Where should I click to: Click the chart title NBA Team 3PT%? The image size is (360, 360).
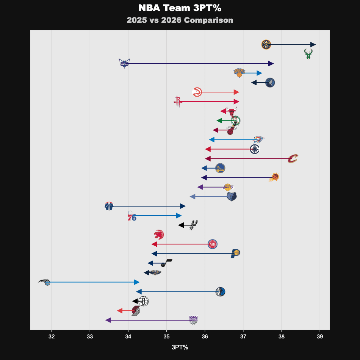180,8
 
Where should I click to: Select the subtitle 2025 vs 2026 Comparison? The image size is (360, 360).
180,20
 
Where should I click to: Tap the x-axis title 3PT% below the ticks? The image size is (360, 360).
180,347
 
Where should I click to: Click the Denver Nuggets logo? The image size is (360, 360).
266,45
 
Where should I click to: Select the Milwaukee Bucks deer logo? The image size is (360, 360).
308,54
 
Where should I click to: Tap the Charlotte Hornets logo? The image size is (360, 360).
124,63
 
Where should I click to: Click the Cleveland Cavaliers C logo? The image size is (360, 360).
293,159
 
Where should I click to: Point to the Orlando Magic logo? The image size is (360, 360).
45,282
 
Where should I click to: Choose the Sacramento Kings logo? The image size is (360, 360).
194,320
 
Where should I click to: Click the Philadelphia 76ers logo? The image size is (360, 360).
131,216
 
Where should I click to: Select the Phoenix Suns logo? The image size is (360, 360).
274,177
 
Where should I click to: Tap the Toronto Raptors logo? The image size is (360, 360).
159,235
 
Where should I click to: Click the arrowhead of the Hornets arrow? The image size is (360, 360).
271,64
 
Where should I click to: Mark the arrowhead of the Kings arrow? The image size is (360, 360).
108,320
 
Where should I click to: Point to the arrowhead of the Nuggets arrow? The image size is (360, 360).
313,45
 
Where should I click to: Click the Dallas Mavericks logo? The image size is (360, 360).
220,291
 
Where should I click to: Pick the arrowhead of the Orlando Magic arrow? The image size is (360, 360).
137,282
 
